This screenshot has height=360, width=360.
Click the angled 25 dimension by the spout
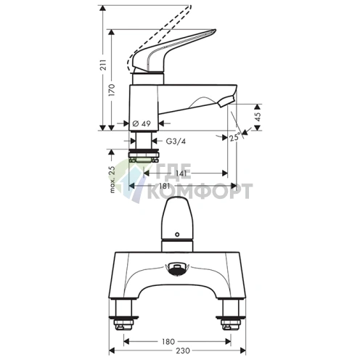coord(233,137)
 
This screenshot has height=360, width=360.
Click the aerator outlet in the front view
coord(179,270)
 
